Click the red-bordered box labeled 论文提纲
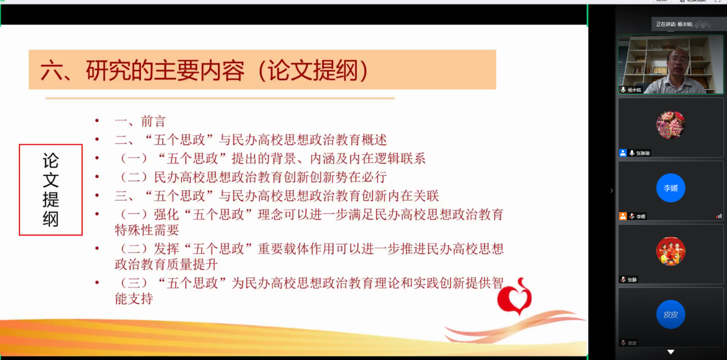pyautogui.click(x=50, y=190)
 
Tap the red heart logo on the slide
pyautogui.click(x=514, y=297)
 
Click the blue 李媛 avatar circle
pyautogui.click(x=670, y=188)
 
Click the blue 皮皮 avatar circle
pyautogui.click(x=670, y=314)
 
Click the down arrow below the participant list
pyautogui.click(x=670, y=351)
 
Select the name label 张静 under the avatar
pyautogui.click(x=632, y=280)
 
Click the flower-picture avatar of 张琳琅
pyautogui.click(x=670, y=124)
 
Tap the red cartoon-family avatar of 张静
pyautogui.click(x=670, y=251)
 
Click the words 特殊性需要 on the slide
pyautogui.click(x=147, y=230)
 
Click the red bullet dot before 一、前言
pyautogui.click(x=97, y=121)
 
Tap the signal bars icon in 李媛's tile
pyautogui.click(x=718, y=216)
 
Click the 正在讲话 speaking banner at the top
pyautogui.click(x=674, y=24)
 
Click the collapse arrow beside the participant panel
pyautogui.click(x=611, y=190)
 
